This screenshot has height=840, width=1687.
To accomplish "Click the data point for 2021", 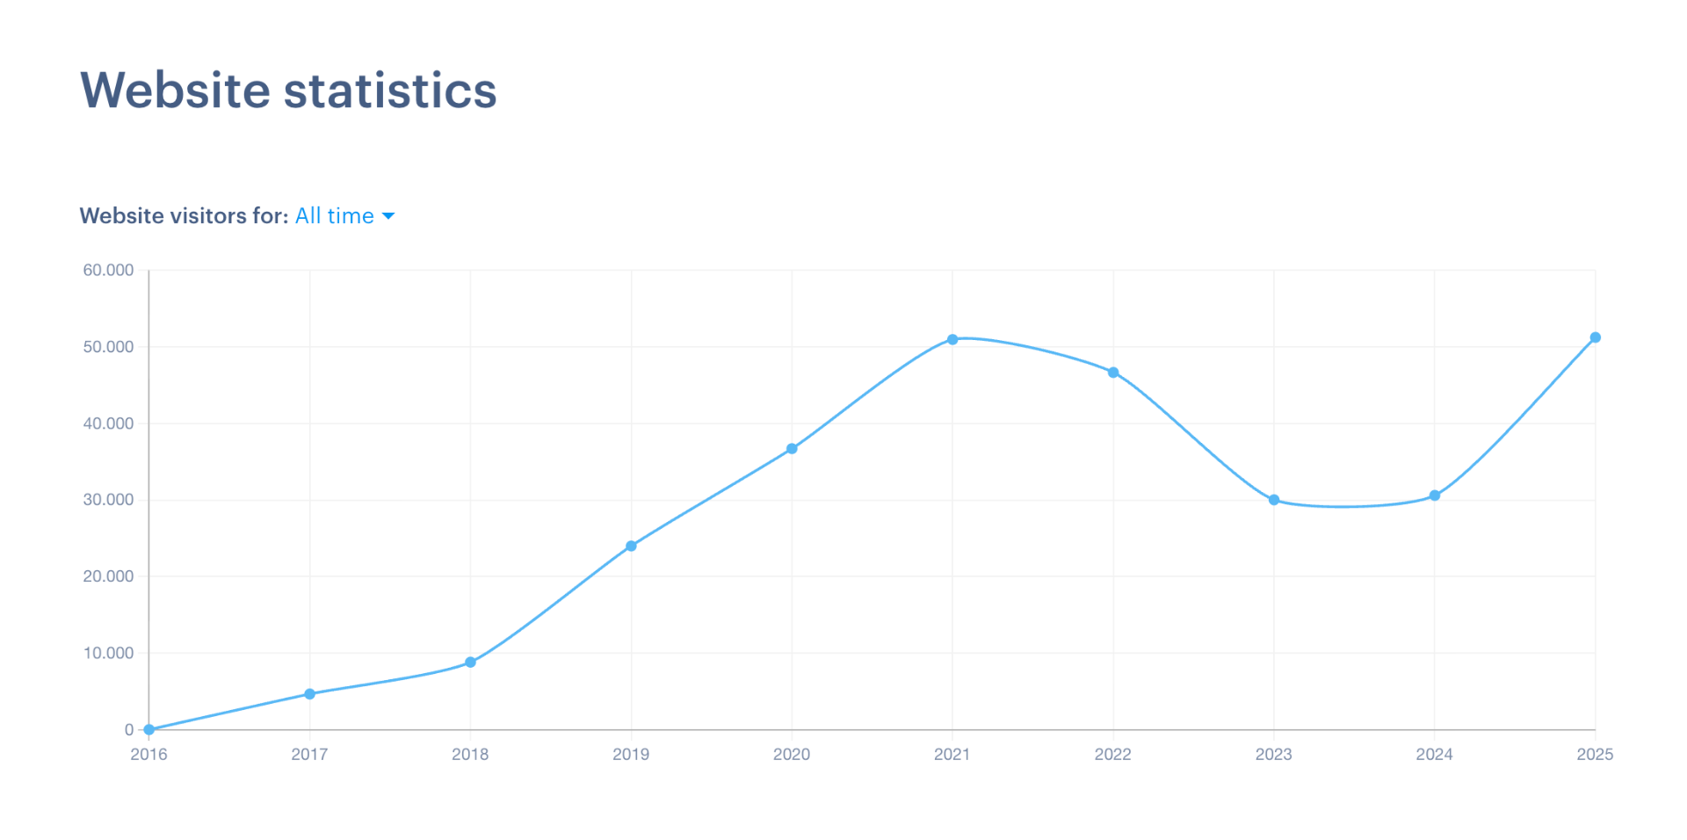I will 952,339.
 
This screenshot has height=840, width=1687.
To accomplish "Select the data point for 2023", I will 1274,500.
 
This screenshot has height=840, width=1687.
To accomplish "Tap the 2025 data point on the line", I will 1596,337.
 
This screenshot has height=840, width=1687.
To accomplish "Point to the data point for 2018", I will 470,663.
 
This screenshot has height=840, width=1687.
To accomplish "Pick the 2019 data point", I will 631,547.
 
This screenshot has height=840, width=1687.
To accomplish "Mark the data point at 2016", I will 149,729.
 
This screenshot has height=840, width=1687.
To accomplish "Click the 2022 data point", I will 1113,373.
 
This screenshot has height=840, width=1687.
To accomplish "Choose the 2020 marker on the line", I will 792,449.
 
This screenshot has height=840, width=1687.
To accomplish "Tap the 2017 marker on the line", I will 309,694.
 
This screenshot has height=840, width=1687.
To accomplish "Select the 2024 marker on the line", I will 1435,496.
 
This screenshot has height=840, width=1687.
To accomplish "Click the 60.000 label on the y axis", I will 108,271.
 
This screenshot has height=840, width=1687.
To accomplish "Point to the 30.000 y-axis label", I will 108,500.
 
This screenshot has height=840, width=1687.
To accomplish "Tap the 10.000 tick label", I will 108,653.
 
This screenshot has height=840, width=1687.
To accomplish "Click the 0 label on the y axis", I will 129,729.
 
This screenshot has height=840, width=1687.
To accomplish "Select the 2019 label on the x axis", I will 631,754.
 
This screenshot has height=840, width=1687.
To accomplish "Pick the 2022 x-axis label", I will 1113,754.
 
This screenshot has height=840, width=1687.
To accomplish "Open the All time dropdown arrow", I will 388,216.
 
